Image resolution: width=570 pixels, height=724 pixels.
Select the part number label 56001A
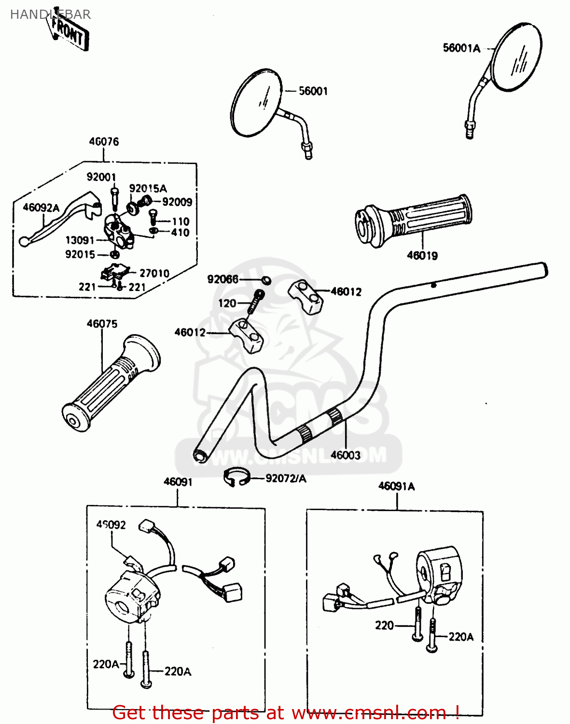point(461,48)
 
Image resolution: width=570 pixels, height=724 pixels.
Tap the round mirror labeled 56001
point(256,102)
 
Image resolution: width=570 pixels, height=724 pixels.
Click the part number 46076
point(104,141)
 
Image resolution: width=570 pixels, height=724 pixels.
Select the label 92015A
point(148,188)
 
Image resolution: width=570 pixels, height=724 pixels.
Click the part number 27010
point(154,273)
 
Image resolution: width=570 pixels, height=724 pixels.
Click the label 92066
point(222,279)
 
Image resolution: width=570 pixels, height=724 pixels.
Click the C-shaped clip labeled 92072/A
point(236,477)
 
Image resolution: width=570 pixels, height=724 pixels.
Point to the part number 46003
point(345,455)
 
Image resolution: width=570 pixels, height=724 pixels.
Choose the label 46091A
point(396,486)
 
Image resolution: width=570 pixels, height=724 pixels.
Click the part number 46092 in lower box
point(111,525)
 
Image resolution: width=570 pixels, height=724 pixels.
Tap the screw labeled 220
point(417,625)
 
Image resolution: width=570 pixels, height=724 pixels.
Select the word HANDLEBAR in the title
point(50,14)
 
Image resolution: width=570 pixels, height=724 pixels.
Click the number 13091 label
point(80,240)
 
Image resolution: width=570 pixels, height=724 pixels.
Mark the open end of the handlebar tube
point(199,455)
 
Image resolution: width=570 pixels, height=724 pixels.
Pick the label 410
point(180,233)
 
